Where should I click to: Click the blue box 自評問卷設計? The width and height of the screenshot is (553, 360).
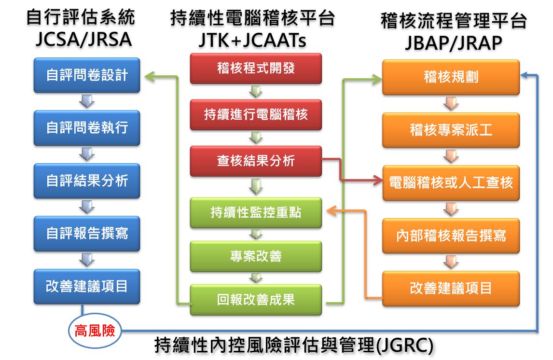tap(87, 75)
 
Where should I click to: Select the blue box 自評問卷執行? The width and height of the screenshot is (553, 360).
tap(87, 128)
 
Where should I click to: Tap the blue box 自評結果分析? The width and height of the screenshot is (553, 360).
tap(87, 181)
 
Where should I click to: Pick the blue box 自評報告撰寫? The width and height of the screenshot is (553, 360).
tap(87, 234)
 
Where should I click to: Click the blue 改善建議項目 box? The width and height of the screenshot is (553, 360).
tap(87, 286)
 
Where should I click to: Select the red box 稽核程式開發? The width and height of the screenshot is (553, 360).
tap(256, 69)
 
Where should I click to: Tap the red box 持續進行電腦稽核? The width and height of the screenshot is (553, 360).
tap(256, 115)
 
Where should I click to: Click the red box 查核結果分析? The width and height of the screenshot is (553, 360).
tap(256, 161)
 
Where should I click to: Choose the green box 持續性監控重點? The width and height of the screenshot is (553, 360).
tap(256, 212)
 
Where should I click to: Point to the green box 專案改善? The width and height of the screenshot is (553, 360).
tap(256, 256)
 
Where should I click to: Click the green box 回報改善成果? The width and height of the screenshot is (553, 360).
tap(256, 300)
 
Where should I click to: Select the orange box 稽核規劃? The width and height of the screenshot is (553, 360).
tap(451, 77)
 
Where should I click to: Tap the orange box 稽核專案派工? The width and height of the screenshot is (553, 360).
tap(451, 130)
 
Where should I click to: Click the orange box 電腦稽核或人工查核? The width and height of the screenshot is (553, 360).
tap(451, 183)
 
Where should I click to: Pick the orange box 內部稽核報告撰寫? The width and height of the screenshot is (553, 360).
tap(451, 235)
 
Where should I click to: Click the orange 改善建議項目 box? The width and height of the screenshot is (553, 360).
tap(451, 289)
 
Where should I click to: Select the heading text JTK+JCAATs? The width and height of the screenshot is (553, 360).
tap(252, 41)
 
